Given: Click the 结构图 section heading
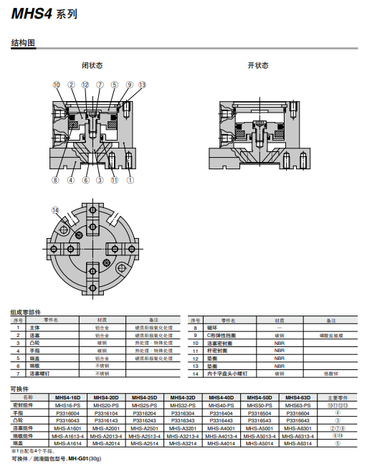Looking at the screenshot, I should [x=23, y=44].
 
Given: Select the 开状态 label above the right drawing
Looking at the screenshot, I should [x=258, y=65].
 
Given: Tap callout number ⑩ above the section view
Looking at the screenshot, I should [x=57, y=85].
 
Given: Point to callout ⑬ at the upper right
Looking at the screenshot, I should [x=142, y=85].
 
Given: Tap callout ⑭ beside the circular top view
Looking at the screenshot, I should [x=55, y=209].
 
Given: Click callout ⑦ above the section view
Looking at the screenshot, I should [x=99, y=85].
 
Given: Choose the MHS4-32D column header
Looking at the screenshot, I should [x=183, y=397].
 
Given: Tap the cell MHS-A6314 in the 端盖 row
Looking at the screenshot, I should [x=298, y=443].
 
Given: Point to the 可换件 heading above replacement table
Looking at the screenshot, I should [x=19, y=389].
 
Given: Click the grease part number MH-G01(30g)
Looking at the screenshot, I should [x=85, y=459].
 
